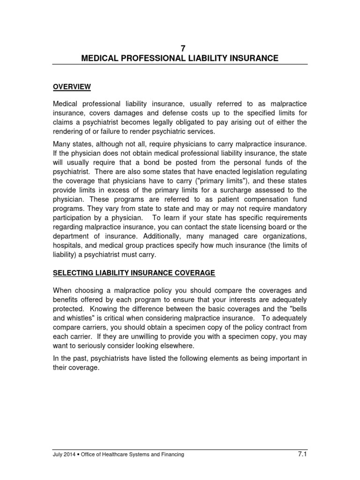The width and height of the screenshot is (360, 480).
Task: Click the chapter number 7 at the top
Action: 180,48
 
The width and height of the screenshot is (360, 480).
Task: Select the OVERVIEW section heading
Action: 71,87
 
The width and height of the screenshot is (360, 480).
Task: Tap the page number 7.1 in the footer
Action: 302,453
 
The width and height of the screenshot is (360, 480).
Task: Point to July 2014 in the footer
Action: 63,454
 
